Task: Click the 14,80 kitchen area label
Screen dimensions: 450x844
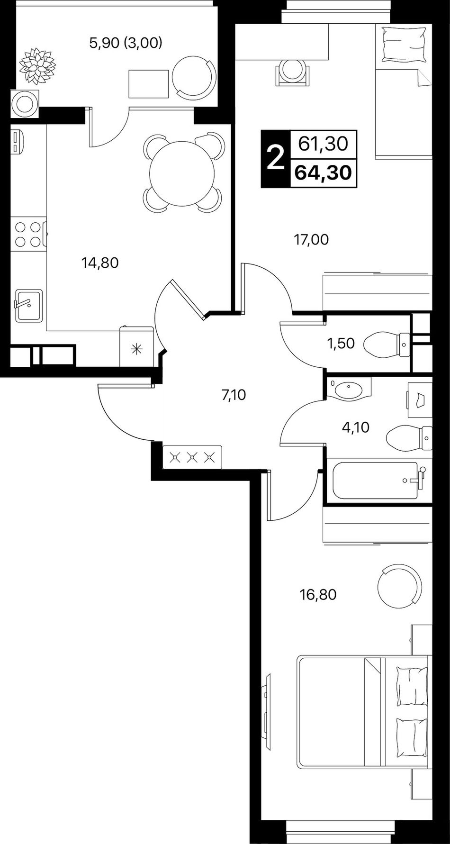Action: pyautogui.click(x=99, y=262)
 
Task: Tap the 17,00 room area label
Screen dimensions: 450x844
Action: pyautogui.click(x=311, y=239)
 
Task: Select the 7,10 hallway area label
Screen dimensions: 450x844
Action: pyautogui.click(x=234, y=394)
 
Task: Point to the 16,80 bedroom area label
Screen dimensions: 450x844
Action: pyautogui.click(x=318, y=594)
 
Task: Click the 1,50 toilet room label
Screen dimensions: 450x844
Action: pyautogui.click(x=341, y=343)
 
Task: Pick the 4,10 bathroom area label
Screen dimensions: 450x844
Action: pyautogui.click(x=355, y=427)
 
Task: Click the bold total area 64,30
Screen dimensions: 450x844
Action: pyautogui.click(x=323, y=172)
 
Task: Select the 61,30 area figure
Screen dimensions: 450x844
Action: pyautogui.click(x=324, y=143)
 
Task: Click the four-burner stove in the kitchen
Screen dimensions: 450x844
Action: pyautogui.click(x=27, y=235)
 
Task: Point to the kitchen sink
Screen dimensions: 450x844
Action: pyautogui.click(x=28, y=305)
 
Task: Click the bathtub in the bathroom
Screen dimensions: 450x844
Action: pyautogui.click(x=375, y=481)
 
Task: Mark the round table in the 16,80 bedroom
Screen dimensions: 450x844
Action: pyautogui.click(x=399, y=585)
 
